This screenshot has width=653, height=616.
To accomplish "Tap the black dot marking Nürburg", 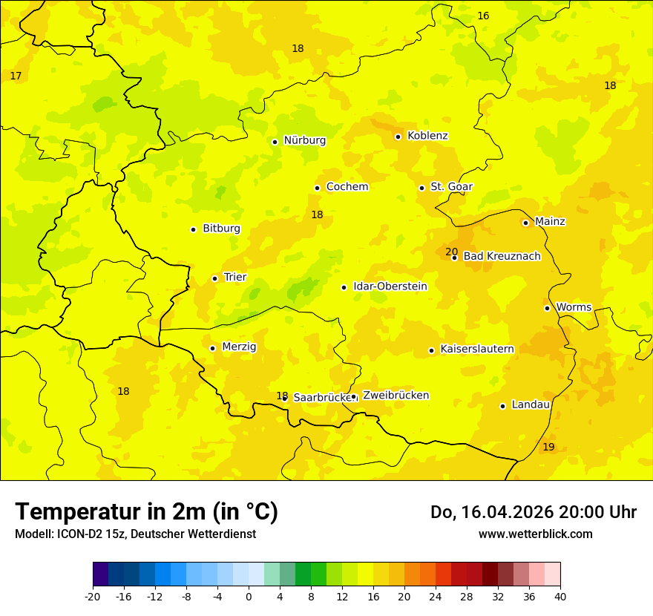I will (x=275, y=142).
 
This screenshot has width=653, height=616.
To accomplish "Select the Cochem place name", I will (x=347, y=187).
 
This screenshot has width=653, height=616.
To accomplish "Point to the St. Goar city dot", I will (x=421, y=188).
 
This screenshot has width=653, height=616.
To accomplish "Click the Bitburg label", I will (x=221, y=229).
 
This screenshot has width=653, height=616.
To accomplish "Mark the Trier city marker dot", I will (x=214, y=278).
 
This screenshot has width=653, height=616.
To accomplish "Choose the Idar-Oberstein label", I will (x=390, y=286).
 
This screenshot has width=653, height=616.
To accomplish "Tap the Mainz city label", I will (x=550, y=222).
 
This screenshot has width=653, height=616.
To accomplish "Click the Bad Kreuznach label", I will (x=502, y=257).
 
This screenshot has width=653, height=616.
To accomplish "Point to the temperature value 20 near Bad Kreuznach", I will (x=451, y=252).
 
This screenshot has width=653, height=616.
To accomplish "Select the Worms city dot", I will (x=547, y=308).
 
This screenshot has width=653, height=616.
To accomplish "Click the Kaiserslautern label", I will (x=477, y=349).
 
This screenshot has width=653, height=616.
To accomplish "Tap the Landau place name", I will (x=531, y=404).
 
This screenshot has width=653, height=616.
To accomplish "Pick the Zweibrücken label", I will (x=396, y=396).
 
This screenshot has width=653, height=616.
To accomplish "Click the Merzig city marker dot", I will (x=212, y=348).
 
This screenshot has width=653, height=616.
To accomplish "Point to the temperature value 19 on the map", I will (x=548, y=447).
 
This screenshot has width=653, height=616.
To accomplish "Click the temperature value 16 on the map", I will (x=483, y=16).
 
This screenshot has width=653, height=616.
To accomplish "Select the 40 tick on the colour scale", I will (x=560, y=596).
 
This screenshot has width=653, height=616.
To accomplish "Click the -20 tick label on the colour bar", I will (x=93, y=596).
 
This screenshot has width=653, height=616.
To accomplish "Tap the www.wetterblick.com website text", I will (x=535, y=534).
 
